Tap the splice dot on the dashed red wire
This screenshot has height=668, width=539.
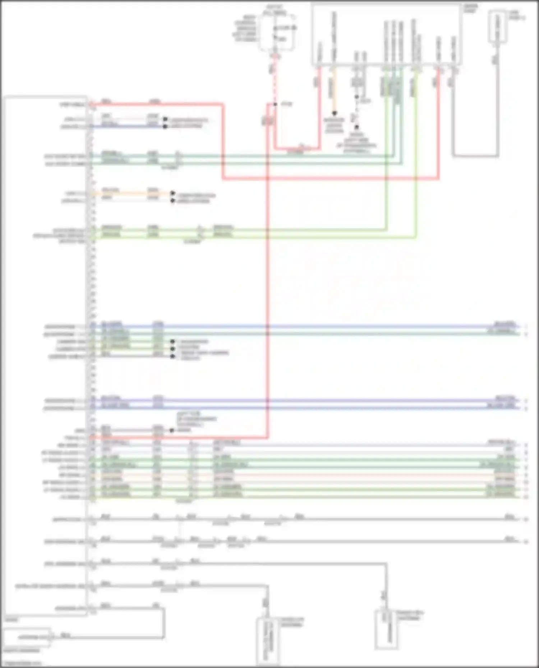coord(275,104)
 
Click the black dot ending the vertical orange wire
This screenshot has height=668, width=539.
coord(334,113)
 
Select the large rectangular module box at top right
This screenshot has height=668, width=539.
coord(386,34)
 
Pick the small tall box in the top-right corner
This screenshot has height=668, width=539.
coord(498,27)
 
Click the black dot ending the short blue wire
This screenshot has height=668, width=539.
coord(165,126)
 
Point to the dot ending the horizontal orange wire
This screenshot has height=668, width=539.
coord(172,193)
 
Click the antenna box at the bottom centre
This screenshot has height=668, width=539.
coord(268,641)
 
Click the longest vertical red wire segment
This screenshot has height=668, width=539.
coord(268,273)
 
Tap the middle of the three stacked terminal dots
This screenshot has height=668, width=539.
coord(172,349)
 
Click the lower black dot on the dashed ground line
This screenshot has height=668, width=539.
coord(357,127)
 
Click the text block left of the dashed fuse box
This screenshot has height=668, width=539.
coord(245,28)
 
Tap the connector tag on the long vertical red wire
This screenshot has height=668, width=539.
coord(268,121)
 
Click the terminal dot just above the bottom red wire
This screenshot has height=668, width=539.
coord(171,430)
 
